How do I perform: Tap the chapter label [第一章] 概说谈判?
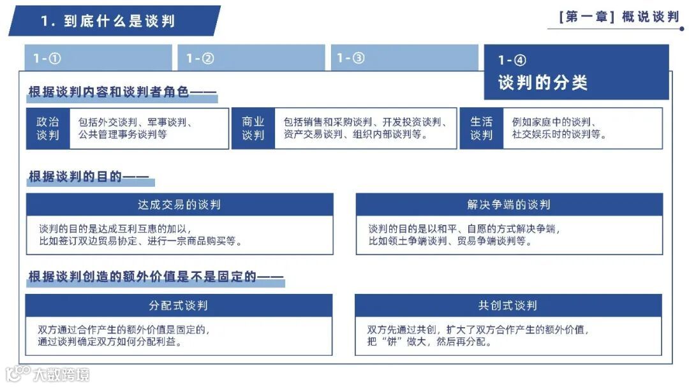click(x=618, y=17)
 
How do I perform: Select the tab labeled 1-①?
click(x=47, y=59)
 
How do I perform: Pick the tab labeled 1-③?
click(x=350, y=59)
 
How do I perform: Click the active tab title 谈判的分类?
click(x=542, y=83)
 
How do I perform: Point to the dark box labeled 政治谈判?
click(x=48, y=129)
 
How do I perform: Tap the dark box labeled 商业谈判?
click(x=253, y=129)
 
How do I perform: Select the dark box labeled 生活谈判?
click(x=482, y=129)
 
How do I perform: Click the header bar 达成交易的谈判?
click(x=179, y=205)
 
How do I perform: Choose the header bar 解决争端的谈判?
click(x=508, y=205)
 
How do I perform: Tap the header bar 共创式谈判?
click(x=508, y=305)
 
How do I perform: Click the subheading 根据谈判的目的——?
click(x=88, y=177)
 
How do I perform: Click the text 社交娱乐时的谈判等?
click(x=559, y=135)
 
